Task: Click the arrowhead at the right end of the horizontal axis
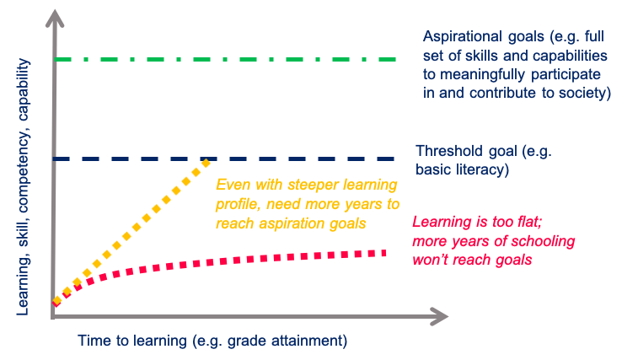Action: [439, 316]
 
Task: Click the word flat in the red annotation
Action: [529, 222]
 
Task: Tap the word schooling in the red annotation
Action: [544, 241]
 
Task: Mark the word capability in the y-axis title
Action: [23, 89]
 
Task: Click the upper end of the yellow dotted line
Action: [206, 162]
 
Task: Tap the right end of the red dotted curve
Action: [383, 253]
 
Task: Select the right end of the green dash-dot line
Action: [394, 59]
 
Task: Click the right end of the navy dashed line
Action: [393, 159]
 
